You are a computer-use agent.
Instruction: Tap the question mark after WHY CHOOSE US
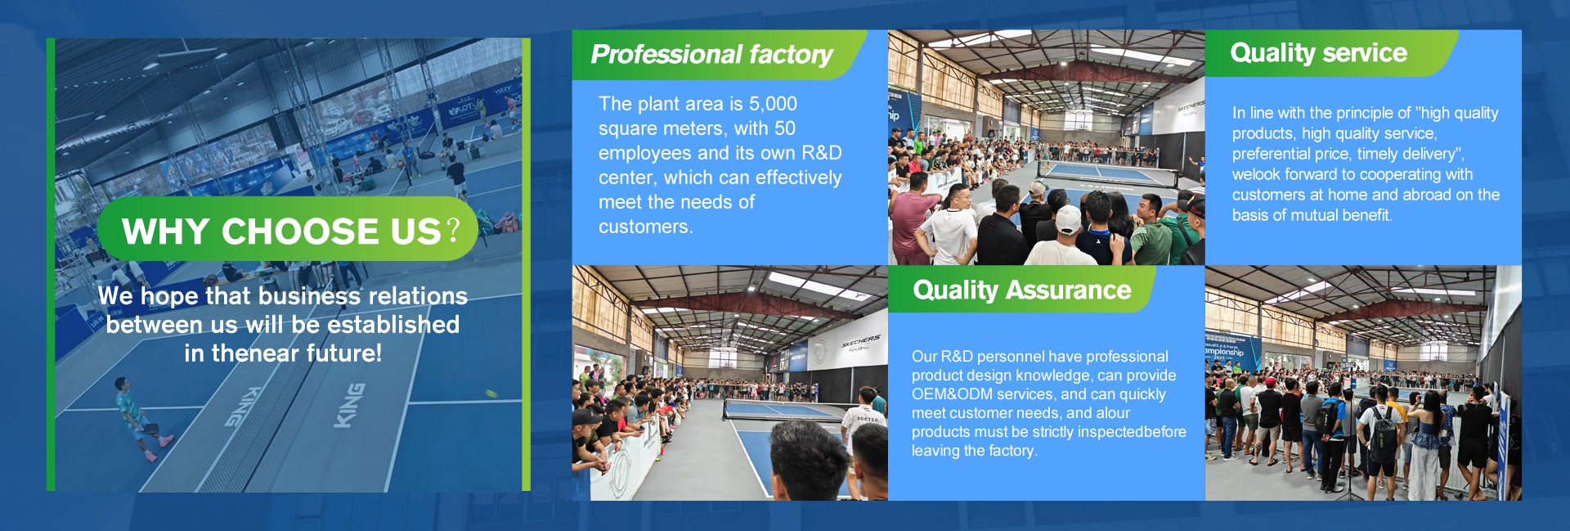452,230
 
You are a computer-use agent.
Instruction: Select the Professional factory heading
711,55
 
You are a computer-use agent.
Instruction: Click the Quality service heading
1318,53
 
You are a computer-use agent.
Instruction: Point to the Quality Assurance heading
1022,290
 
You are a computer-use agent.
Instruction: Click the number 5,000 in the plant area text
773,104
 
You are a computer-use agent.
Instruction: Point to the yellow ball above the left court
491,394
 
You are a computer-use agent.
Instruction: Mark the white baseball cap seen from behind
1069,219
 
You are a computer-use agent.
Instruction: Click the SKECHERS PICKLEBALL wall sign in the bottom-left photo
860,342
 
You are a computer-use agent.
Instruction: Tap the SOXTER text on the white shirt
867,419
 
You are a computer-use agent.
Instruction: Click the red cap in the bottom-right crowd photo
1270,381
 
